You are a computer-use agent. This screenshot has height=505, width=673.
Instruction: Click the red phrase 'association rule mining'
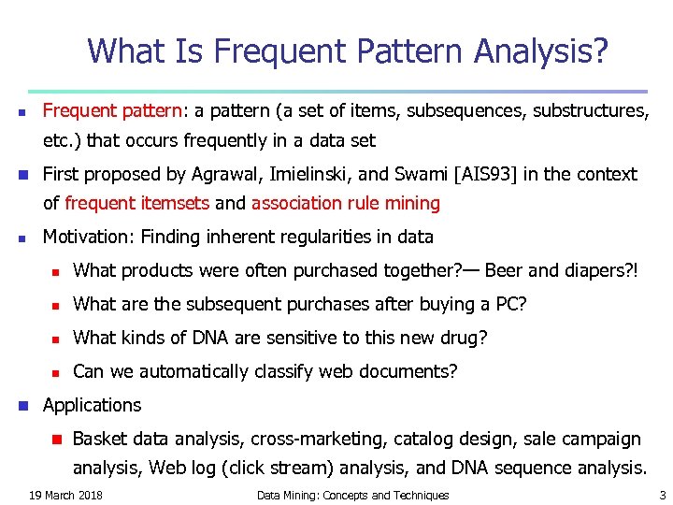(x=345, y=203)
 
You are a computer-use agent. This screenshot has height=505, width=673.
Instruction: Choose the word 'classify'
(x=276, y=371)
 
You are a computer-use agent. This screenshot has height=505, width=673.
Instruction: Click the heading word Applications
(x=92, y=405)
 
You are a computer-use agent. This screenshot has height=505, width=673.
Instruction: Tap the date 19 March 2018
(x=65, y=495)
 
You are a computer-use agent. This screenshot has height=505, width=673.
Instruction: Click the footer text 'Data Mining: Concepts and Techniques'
(x=352, y=495)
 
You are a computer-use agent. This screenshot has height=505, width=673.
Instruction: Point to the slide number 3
(x=662, y=495)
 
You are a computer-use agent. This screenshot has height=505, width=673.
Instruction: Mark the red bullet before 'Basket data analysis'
(x=55, y=440)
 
